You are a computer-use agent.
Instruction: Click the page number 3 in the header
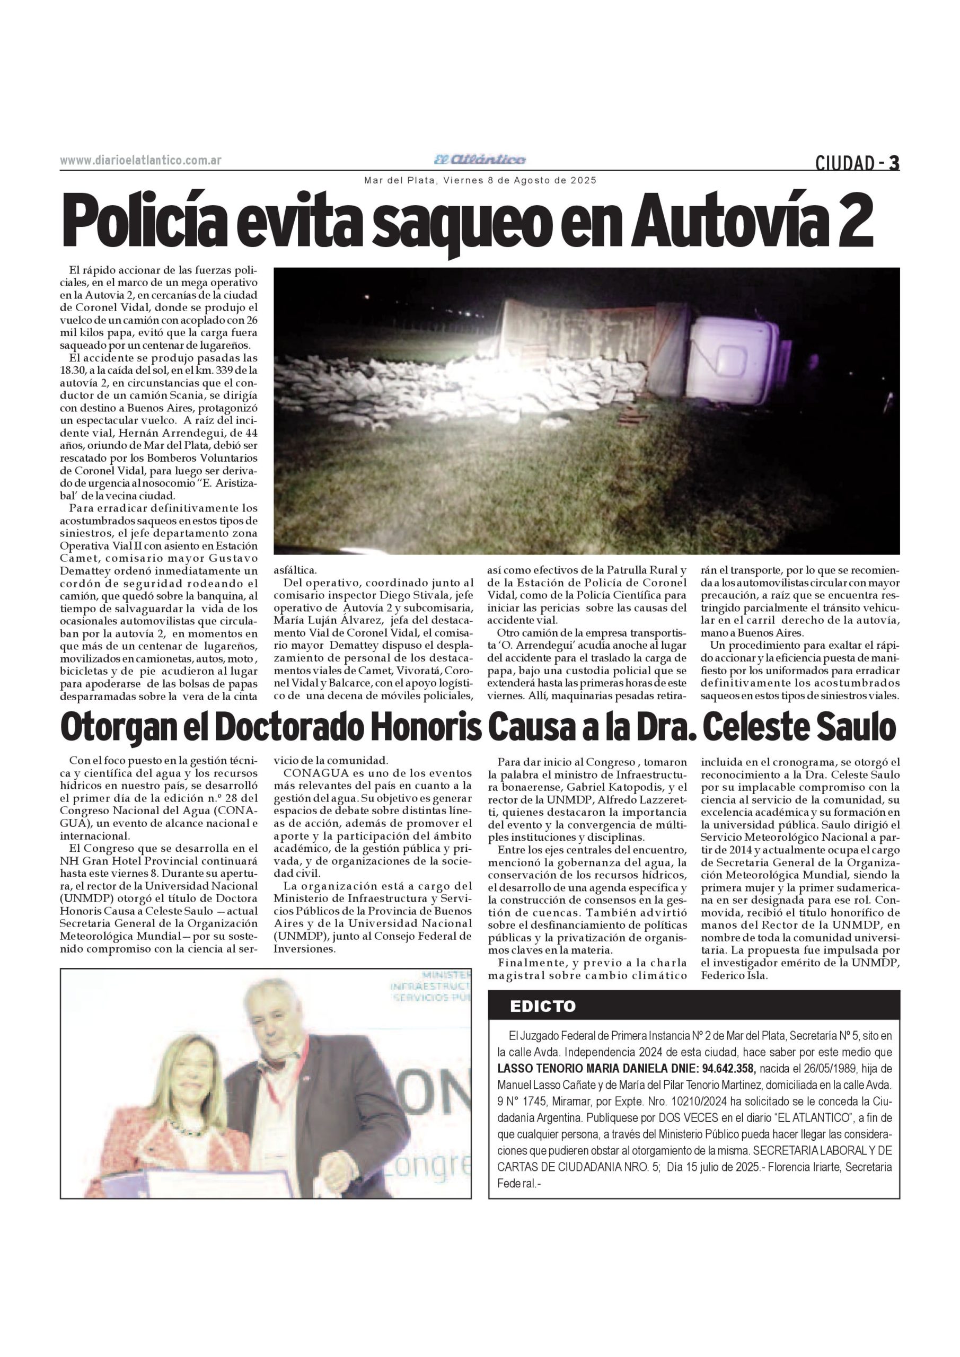(x=894, y=163)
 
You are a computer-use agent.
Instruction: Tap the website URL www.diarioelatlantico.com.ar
(x=140, y=161)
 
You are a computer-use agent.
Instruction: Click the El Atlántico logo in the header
(x=479, y=160)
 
